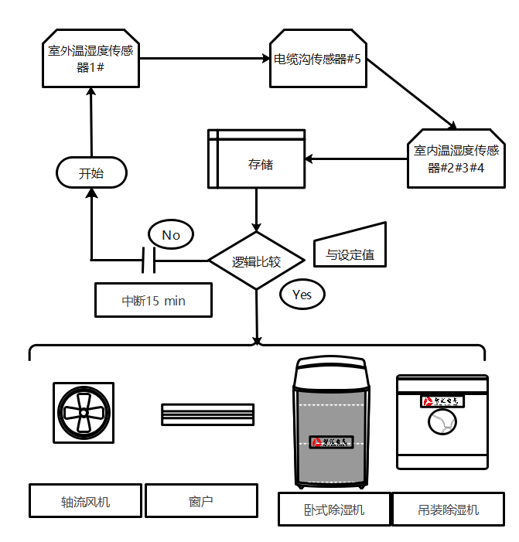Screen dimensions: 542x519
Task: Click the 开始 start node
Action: (91, 173)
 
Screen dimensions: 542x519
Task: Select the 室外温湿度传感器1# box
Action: (90, 60)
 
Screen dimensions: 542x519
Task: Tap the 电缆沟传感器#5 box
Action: (318, 60)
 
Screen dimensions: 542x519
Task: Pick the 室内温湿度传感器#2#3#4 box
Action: (456, 159)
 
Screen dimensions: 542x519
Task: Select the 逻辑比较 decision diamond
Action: (257, 261)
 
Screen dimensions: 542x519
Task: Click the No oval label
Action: (171, 234)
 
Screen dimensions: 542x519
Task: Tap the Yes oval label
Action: (302, 294)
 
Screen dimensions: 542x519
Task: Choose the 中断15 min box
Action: (153, 300)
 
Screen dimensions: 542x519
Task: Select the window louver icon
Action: (207, 414)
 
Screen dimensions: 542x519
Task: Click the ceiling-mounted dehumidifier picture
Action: (442, 421)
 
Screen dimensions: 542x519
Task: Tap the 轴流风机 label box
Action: (86, 501)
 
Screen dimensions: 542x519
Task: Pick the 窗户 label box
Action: (201, 501)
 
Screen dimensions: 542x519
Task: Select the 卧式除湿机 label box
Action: (333, 510)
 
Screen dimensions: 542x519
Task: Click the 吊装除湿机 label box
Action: (448, 510)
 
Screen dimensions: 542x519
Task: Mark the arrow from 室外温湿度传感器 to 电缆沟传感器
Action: (205, 58)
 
